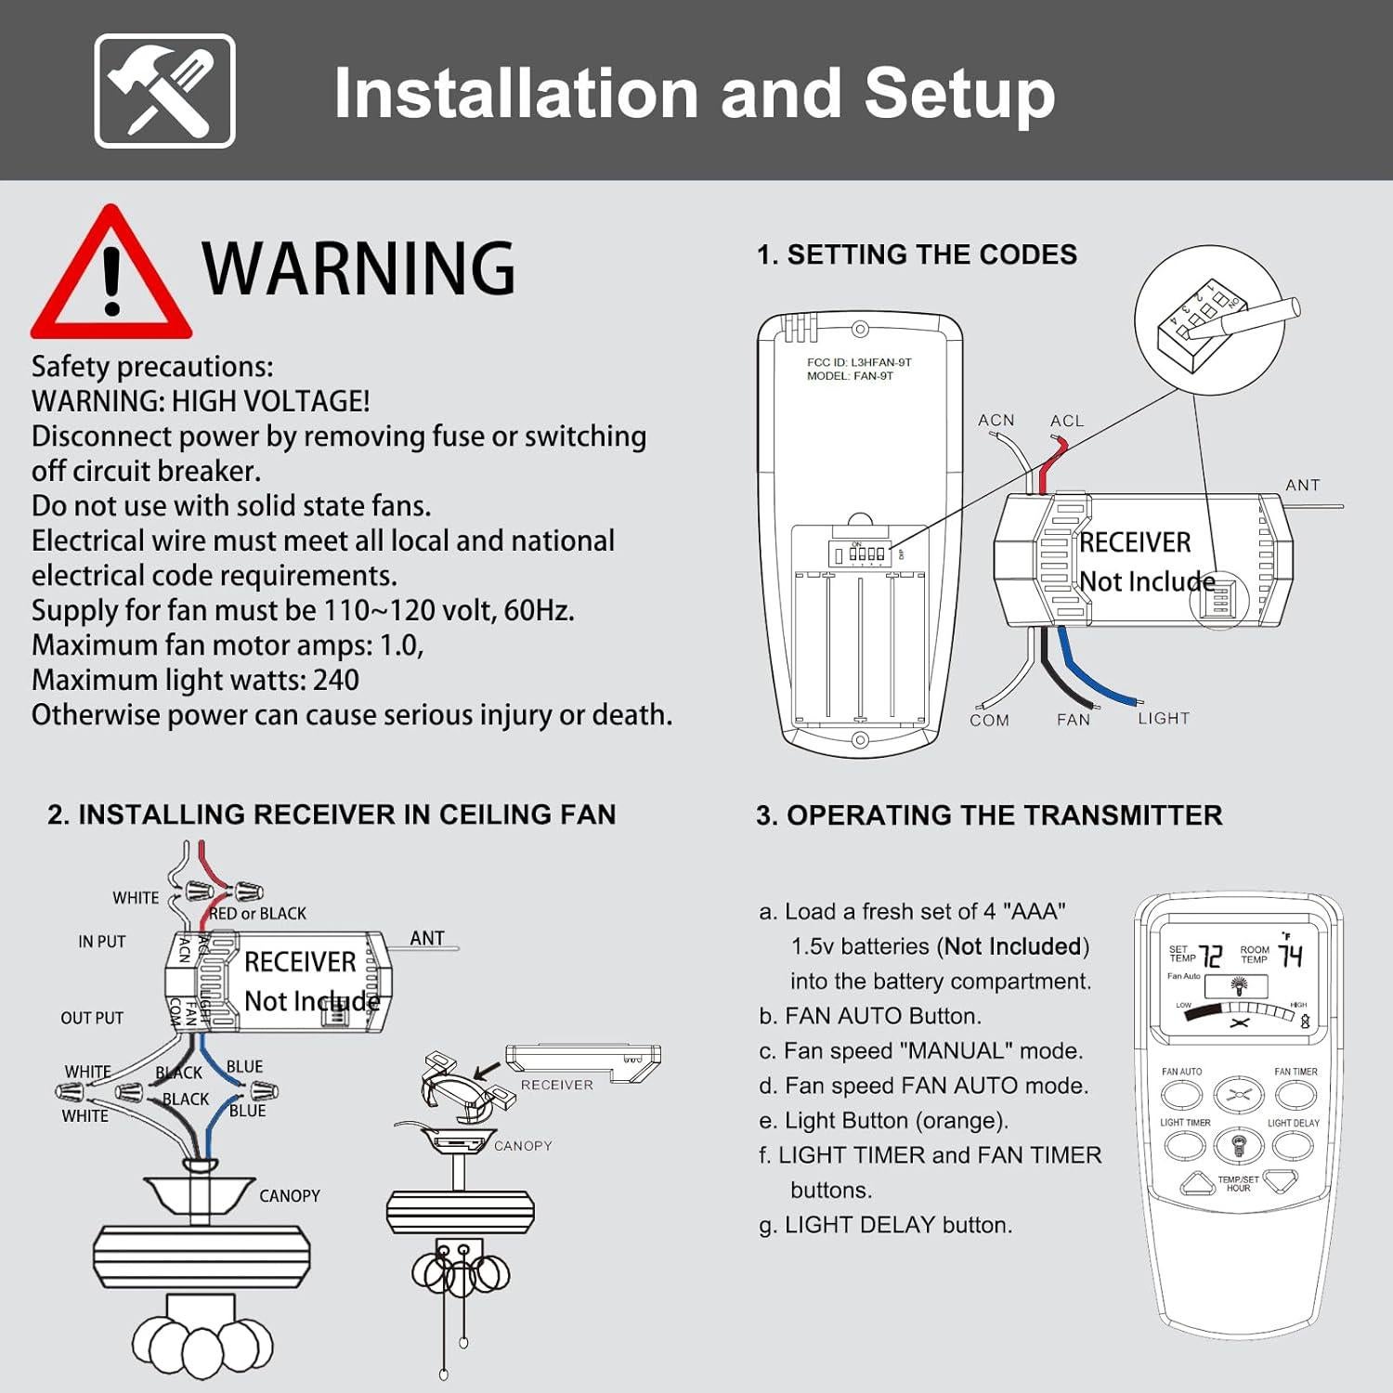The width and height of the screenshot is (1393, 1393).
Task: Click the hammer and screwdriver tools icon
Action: (164, 91)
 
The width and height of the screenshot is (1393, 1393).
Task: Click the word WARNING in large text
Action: (358, 269)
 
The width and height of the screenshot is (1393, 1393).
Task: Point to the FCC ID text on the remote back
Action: (859, 362)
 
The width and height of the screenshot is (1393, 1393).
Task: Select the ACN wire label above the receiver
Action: (996, 421)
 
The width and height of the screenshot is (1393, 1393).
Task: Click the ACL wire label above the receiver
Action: (1067, 421)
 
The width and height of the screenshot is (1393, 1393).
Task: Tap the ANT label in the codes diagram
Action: (1302, 485)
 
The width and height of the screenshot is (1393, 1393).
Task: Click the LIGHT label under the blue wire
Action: (1164, 718)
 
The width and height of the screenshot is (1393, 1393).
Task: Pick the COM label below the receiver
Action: (989, 720)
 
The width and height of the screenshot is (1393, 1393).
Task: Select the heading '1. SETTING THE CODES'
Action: (917, 254)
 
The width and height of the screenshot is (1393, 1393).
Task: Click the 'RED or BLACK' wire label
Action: (258, 914)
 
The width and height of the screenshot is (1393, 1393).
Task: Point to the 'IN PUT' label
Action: (101, 942)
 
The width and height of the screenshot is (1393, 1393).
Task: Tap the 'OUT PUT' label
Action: (92, 1018)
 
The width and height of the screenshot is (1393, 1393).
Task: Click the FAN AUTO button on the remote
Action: (1181, 1095)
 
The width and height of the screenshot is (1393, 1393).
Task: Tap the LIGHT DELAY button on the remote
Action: (1293, 1145)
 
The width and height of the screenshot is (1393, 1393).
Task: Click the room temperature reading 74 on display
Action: (1291, 955)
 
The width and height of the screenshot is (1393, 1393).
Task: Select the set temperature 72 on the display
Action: (1210, 957)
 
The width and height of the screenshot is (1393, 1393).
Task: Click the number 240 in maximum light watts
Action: (336, 680)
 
